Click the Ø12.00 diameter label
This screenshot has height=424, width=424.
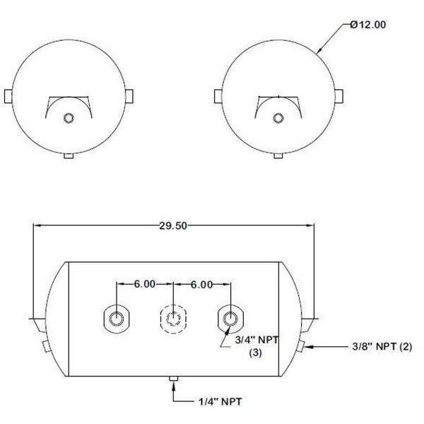pyautogui.click(x=367, y=25)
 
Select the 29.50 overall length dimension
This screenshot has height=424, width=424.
pyautogui.click(x=173, y=225)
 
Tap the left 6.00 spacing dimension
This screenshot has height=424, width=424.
pyautogui.click(x=145, y=284)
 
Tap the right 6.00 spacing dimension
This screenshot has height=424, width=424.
pyautogui.click(x=201, y=285)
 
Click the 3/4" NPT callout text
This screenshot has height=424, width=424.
pyautogui.click(x=257, y=340)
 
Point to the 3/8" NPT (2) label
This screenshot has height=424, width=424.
pyautogui.click(x=382, y=346)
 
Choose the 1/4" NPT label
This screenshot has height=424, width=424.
pyautogui.click(x=220, y=402)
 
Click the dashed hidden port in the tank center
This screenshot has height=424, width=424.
pyautogui.click(x=173, y=319)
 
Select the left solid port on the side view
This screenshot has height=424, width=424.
pyautogui.click(x=117, y=319)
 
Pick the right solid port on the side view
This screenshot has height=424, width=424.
pyautogui.click(x=230, y=319)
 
